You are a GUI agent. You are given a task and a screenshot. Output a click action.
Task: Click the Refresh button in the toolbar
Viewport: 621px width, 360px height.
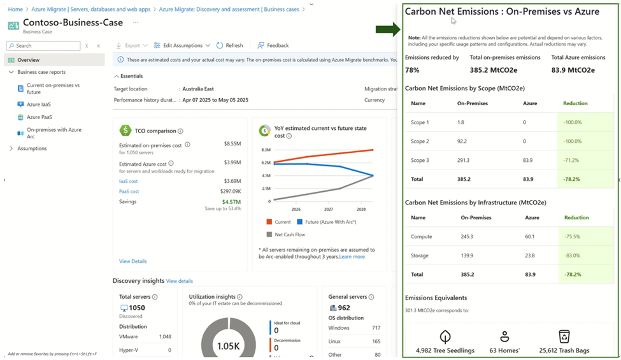tap(230, 46)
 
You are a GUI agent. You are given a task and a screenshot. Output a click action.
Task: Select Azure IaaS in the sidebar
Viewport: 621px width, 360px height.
tap(38, 104)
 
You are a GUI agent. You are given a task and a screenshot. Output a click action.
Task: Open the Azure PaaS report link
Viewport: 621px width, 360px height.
tap(39, 117)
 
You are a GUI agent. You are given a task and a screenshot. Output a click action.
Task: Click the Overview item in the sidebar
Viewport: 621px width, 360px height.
tap(28, 60)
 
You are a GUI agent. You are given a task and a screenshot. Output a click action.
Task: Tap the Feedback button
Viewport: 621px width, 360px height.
tap(273, 46)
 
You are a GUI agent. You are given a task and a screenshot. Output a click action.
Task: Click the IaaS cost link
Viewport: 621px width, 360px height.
tap(129, 181)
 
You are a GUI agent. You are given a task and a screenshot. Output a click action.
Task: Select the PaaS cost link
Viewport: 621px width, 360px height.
tap(129, 191)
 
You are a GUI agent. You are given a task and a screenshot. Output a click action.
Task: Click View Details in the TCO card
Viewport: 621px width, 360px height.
tap(132, 261)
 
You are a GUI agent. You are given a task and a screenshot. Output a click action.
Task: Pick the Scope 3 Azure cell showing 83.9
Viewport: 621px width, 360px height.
tap(529, 161)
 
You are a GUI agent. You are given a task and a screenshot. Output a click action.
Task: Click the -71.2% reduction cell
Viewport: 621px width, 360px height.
tap(572, 161)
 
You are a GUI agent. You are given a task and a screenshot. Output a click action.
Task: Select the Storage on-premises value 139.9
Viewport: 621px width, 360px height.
tap(466, 256)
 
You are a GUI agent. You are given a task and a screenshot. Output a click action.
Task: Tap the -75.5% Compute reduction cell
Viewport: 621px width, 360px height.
tap(572, 236)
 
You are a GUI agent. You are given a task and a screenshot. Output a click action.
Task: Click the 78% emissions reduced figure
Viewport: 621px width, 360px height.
tap(412, 70)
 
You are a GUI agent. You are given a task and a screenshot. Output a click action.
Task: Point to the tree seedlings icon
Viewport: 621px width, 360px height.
tap(445, 336)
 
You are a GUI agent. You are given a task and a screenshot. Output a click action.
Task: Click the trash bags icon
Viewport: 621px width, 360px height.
tap(564, 336)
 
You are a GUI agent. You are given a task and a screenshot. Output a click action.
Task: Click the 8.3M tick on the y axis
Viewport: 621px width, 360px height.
tap(265, 149)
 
